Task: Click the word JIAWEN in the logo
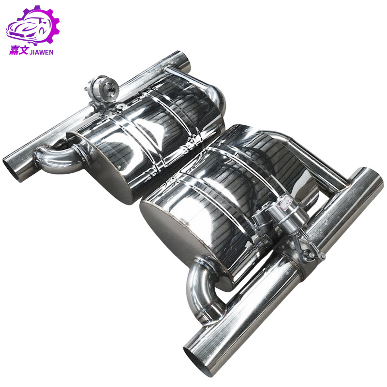coord(41,52)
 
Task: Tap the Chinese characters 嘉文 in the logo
coord(19,50)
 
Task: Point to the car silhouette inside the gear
coord(29,29)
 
